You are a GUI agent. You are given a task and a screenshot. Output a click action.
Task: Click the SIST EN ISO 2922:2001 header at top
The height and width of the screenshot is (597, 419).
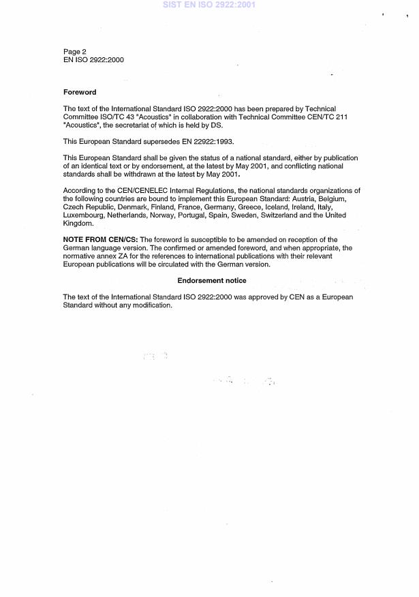208,5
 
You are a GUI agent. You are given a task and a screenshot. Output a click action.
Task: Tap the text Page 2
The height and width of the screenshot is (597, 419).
74,51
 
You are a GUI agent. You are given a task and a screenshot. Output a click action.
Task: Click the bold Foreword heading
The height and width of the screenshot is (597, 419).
80,92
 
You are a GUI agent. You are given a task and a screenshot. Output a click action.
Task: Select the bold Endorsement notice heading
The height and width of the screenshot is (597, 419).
212,281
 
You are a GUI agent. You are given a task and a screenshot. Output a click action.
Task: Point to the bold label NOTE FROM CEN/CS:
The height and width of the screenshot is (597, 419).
98,239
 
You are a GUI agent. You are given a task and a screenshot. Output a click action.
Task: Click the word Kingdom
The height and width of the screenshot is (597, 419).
78,224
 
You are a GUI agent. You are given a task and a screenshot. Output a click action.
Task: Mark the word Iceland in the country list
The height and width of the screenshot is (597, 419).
267,207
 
